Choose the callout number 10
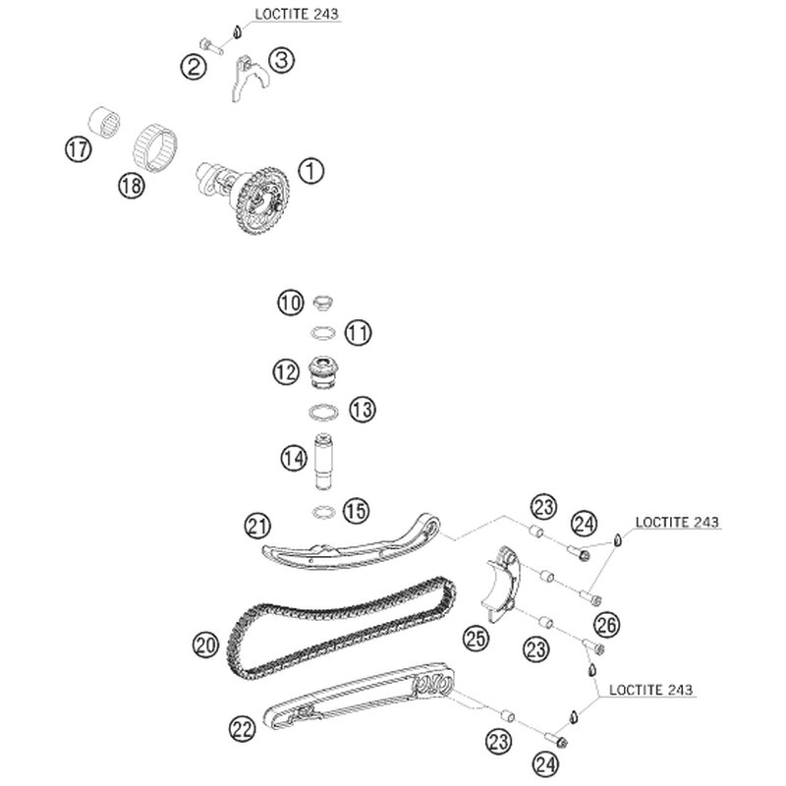pos(289,305)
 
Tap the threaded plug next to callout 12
pos(323,372)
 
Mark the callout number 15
pos(356,511)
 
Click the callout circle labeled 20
pos(205,646)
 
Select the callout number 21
pos(257,528)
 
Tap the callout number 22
pos(243,728)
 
